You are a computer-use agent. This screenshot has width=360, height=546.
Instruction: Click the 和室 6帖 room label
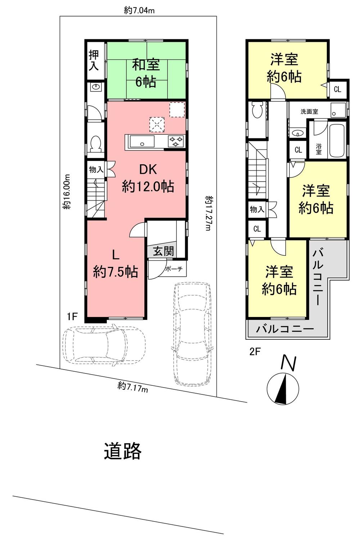(146, 73)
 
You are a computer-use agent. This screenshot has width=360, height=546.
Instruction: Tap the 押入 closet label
(94, 60)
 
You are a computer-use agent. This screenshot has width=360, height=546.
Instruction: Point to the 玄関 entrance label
(163, 251)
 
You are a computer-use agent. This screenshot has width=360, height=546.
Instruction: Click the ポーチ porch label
(174, 269)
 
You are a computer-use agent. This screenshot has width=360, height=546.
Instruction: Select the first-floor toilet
(95, 143)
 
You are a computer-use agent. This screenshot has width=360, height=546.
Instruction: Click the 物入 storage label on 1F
(96, 169)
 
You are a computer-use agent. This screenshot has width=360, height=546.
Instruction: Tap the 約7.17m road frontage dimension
(133, 387)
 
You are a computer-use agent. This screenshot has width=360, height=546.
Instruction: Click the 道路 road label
(123, 451)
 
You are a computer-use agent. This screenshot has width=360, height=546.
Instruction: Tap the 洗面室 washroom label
(309, 112)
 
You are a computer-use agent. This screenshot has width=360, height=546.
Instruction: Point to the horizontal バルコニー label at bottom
(285, 329)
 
